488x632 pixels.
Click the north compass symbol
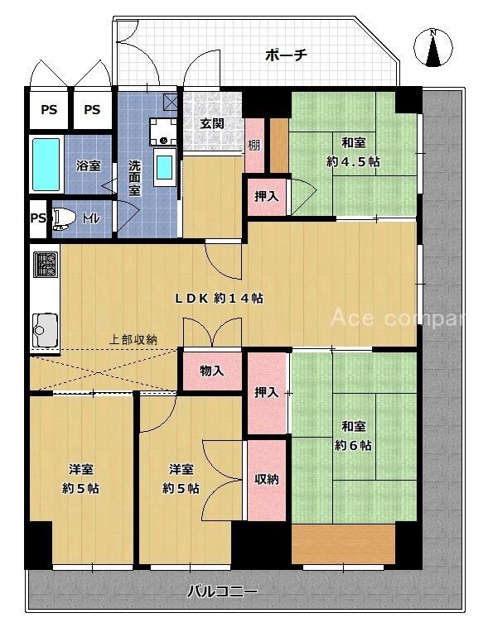pyautogui.click(x=433, y=47)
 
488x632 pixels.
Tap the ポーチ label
pyautogui.click(x=286, y=55)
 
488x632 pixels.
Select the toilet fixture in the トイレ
pyautogui.click(x=63, y=218)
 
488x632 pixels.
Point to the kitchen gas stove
pyautogui.click(x=46, y=265)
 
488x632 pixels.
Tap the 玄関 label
pyautogui.click(x=212, y=123)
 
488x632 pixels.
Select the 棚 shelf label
pyautogui.click(x=254, y=145)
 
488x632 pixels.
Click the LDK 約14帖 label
pyautogui.click(x=219, y=298)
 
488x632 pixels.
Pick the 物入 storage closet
pyautogui.click(x=212, y=371)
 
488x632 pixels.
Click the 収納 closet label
pyautogui.click(x=267, y=479)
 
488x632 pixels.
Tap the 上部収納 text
pyautogui.click(x=133, y=340)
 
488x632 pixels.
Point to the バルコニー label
pyautogui.click(x=222, y=591)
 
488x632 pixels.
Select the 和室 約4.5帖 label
pyautogui.click(x=353, y=152)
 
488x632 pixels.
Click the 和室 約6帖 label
pyautogui.click(x=353, y=436)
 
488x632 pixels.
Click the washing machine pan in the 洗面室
pyautogui.click(x=163, y=131)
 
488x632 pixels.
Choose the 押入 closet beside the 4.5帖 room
pyautogui.click(x=267, y=196)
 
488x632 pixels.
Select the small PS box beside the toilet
pyautogui.click(x=38, y=219)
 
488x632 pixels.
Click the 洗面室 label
pyautogui.click(x=134, y=178)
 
